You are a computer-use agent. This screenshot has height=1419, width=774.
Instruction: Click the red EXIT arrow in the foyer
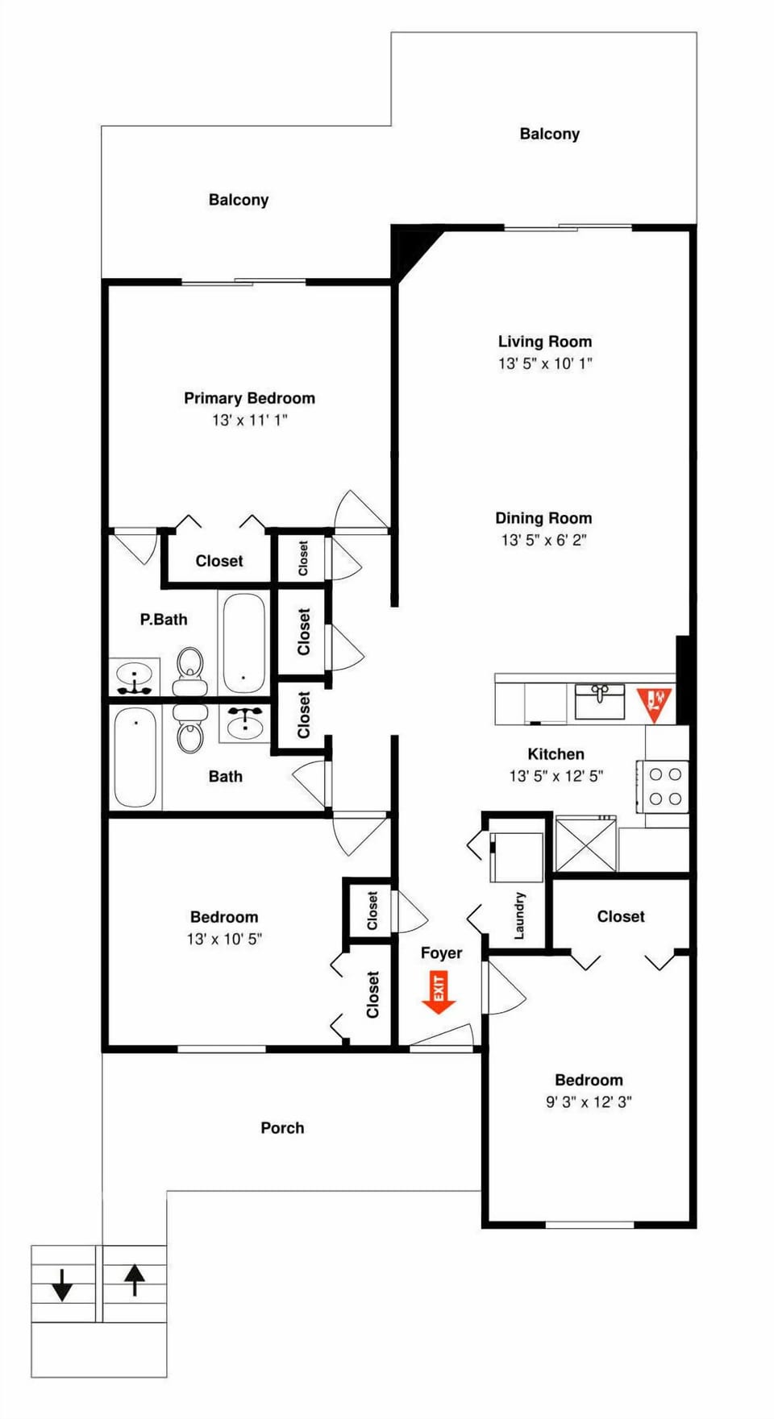[x=439, y=992]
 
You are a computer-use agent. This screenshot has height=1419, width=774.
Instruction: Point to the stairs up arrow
[x=134, y=1280]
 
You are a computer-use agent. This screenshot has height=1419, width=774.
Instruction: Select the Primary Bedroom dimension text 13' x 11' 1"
[x=249, y=420]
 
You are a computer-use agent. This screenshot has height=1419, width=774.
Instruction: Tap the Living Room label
[x=544, y=342]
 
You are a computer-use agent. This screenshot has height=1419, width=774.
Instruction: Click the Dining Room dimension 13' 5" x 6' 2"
[x=543, y=540]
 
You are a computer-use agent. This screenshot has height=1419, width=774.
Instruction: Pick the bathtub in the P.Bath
[x=243, y=643]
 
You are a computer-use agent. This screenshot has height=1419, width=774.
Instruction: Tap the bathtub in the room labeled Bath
[x=135, y=757]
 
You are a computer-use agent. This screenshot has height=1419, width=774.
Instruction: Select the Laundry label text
[x=519, y=915]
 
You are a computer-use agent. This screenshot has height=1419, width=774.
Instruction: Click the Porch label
[x=282, y=1128]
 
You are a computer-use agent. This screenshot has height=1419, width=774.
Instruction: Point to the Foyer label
[x=441, y=953]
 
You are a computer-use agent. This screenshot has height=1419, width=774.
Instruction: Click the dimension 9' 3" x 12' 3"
[x=589, y=1102]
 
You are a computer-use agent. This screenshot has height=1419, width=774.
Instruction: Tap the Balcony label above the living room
[x=549, y=134]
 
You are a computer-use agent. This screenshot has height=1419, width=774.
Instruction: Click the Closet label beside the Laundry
[x=620, y=916]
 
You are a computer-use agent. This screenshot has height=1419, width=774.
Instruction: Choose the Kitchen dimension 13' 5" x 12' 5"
[x=556, y=776]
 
